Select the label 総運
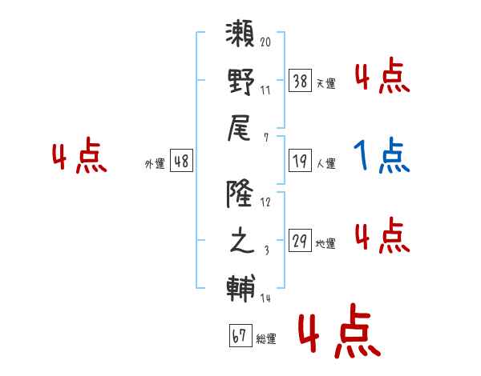pos(266,339)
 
